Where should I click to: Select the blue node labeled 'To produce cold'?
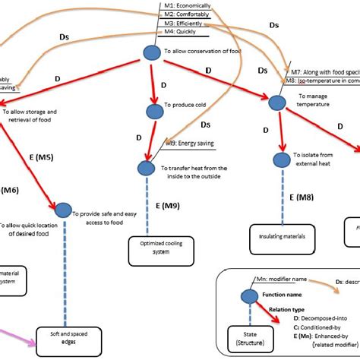tap(155, 111)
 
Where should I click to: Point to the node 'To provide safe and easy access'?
tap(62, 210)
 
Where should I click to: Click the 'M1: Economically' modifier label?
tap(186, 5)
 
